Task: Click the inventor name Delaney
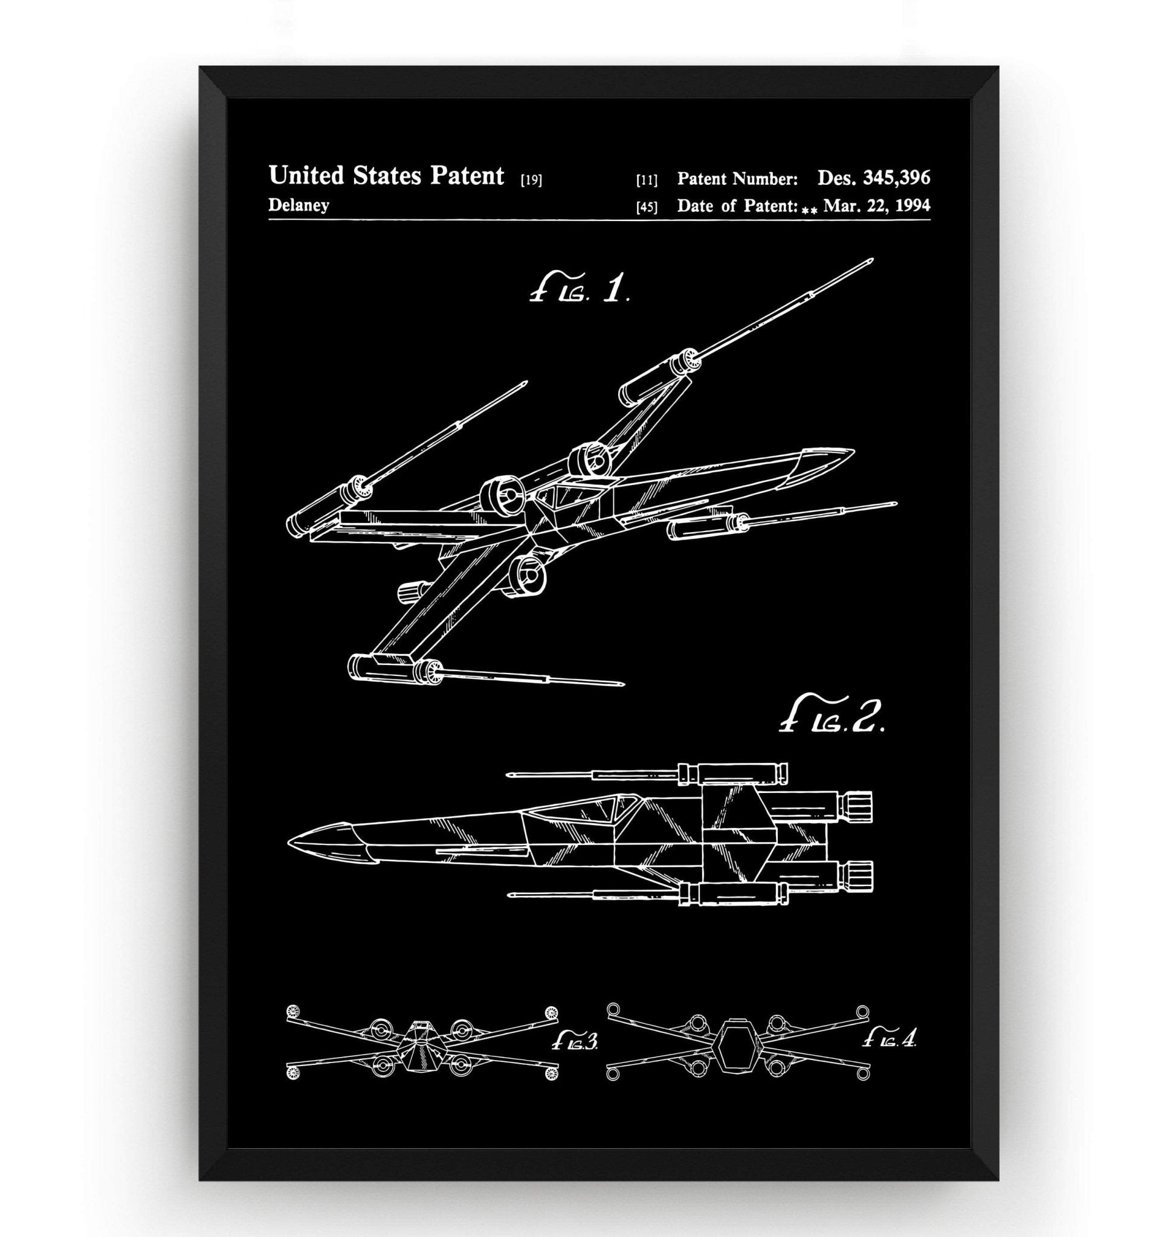pyautogui.click(x=299, y=205)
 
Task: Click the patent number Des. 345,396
pyautogui.click(x=873, y=178)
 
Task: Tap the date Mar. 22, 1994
pyautogui.click(x=877, y=205)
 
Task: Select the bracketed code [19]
pyautogui.click(x=531, y=181)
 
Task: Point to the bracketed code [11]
pyautogui.click(x=647, y=181)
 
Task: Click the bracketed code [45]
pyautogui.click(x=647, y=207)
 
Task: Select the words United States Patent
pyautogui.click(x=386, y=177)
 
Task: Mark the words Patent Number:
pyautogui.click(x=737, y=179)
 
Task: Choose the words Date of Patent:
pyautogui.click(x=737, y=205)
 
